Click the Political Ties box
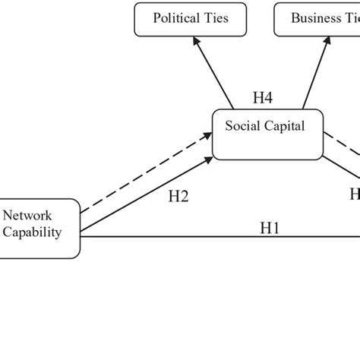(x=191, y=19)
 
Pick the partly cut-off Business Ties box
(x=316, y=19)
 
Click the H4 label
(x=263, y=97)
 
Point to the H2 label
(x=177, y=196)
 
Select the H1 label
(x=270, y=226)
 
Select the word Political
(x=174, y=18)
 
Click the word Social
(x=242, y=126)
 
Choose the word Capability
(x=31, y=232)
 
